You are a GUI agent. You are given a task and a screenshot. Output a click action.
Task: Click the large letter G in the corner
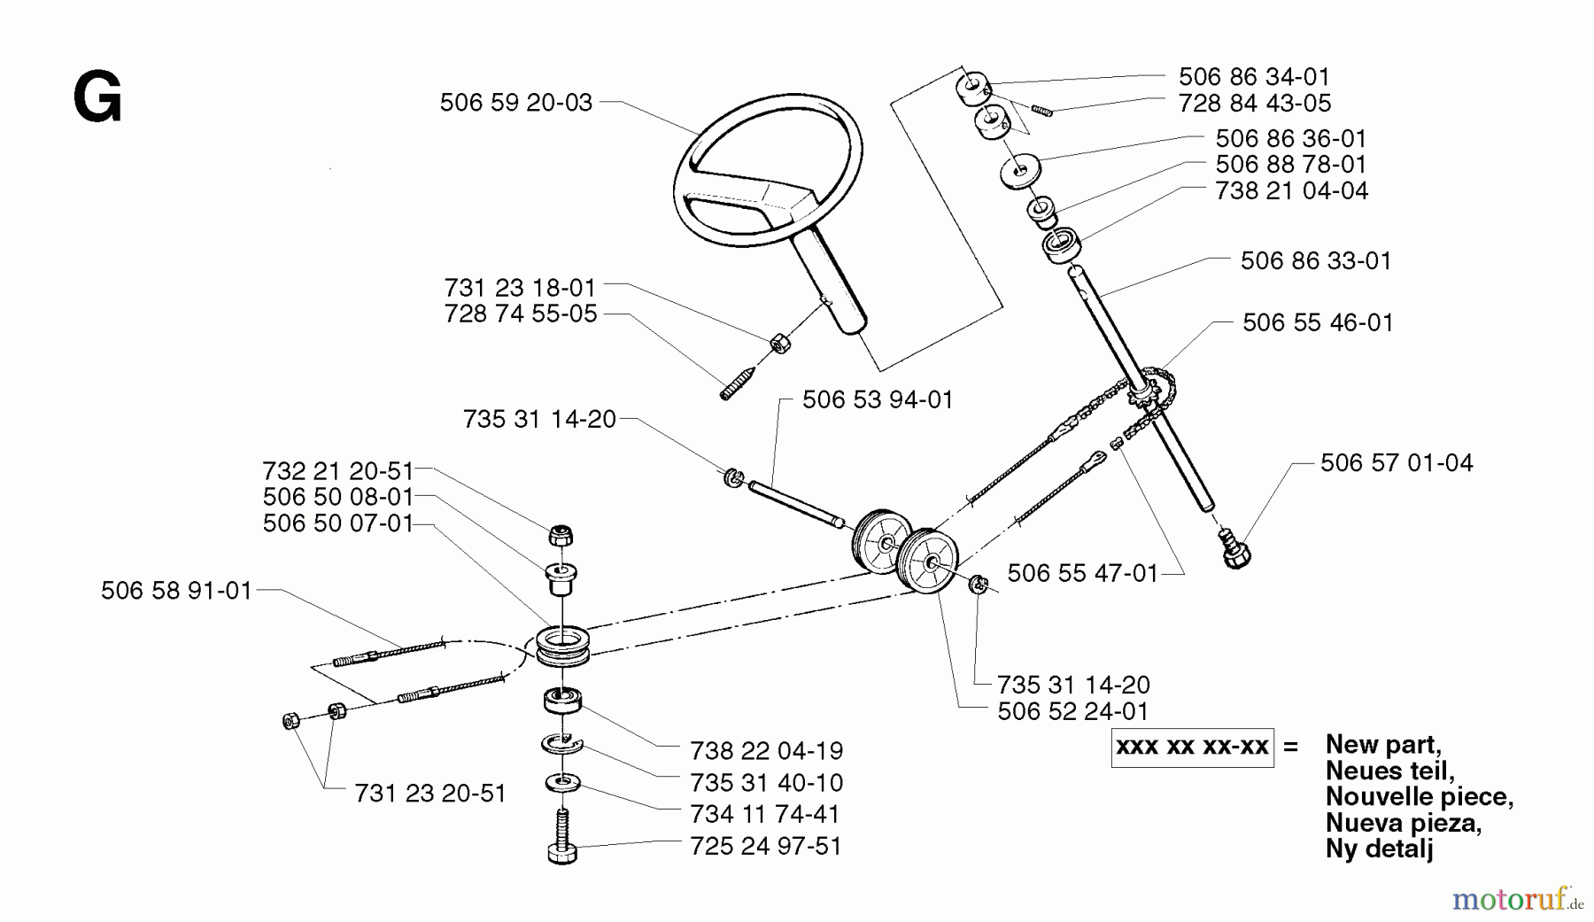tap(97, 99)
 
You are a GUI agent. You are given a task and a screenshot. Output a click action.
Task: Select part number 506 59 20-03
tap(515, 103)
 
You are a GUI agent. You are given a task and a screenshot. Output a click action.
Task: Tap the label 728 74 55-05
tap(521, 314)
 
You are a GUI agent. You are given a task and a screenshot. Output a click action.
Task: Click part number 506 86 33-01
tap(1315, 260)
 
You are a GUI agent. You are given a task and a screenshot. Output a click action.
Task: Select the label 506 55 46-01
tap(1318, 322)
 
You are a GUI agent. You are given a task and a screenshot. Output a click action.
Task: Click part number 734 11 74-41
tap(765, 813)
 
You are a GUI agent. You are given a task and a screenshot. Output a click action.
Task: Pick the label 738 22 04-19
tap(766, 750)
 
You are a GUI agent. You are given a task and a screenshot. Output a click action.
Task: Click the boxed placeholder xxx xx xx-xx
tap(1192, 747)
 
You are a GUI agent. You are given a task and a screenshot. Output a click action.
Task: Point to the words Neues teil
tap(1389, 771)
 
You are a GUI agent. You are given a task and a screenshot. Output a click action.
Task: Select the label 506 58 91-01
tap(176, 591)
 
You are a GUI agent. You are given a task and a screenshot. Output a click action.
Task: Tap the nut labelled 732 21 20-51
tap(560, 535)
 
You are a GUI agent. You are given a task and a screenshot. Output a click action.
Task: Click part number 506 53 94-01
tap(877, 399)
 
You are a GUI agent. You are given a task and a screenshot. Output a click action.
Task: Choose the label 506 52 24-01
tap(1072, 711)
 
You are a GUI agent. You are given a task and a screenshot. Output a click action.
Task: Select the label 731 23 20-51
tap(429, 794)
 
